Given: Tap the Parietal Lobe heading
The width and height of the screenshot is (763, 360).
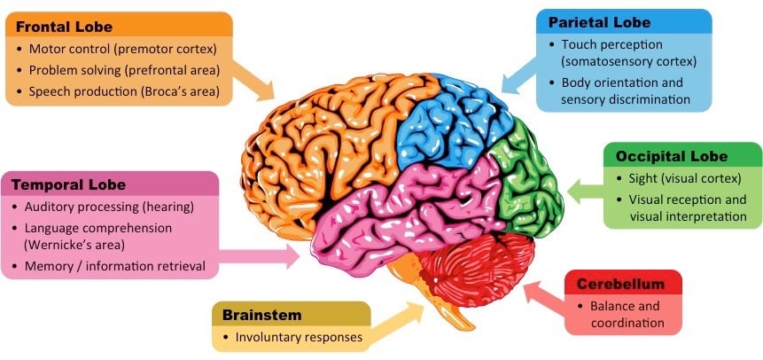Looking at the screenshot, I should (599, 21).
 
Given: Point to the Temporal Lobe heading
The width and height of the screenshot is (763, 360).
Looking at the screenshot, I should (68, 185).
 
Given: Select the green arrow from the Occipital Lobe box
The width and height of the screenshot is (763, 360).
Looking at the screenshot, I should (585, 187).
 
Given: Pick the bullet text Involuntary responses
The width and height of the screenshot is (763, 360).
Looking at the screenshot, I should (299, 337).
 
